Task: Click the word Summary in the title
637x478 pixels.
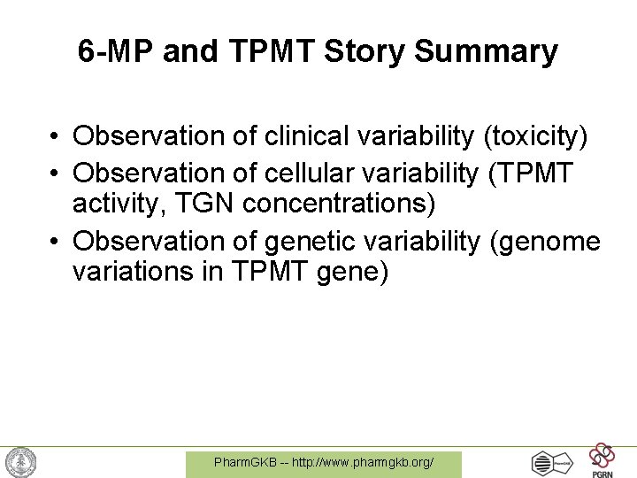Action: coord(486,52)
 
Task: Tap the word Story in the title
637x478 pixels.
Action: coord(365,52)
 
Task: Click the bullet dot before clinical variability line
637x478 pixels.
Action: coord(55,137)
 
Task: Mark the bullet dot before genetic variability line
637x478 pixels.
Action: coord(55,241)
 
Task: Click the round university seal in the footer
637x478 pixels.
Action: coord(20,462)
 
